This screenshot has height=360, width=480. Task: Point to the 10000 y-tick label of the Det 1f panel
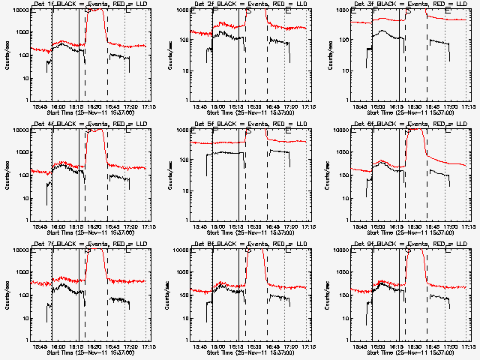[19, 10]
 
